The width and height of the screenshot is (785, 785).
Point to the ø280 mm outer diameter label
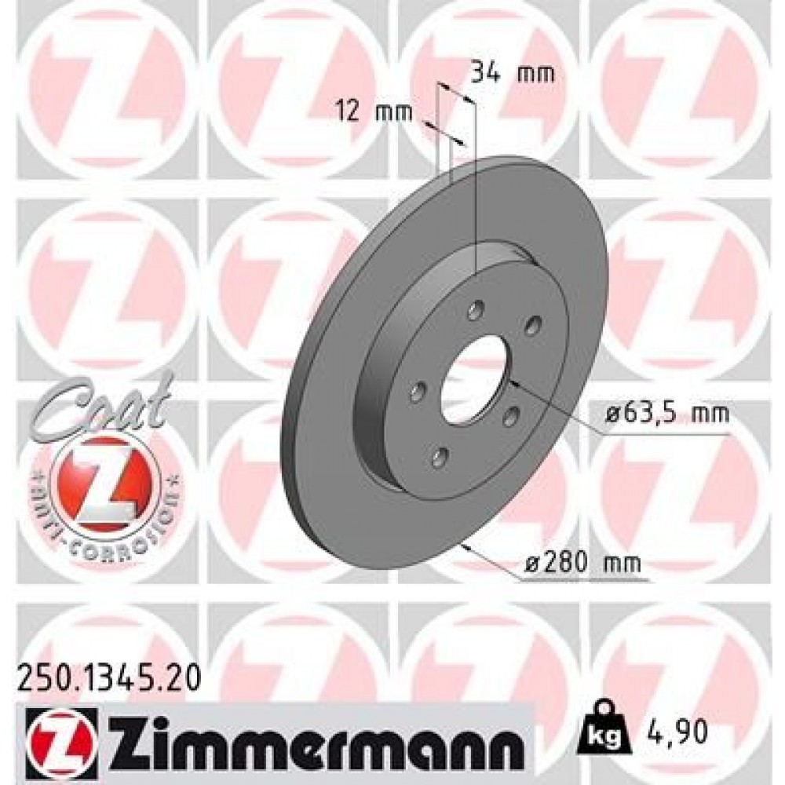(584, 562)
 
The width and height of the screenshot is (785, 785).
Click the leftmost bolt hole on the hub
(417, 392)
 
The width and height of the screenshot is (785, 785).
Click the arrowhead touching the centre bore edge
(513, 383)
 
